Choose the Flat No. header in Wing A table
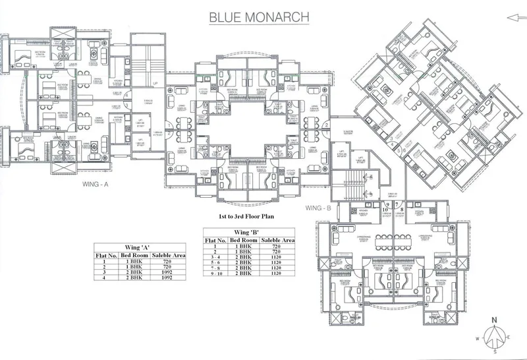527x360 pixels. [x=106, y=254]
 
